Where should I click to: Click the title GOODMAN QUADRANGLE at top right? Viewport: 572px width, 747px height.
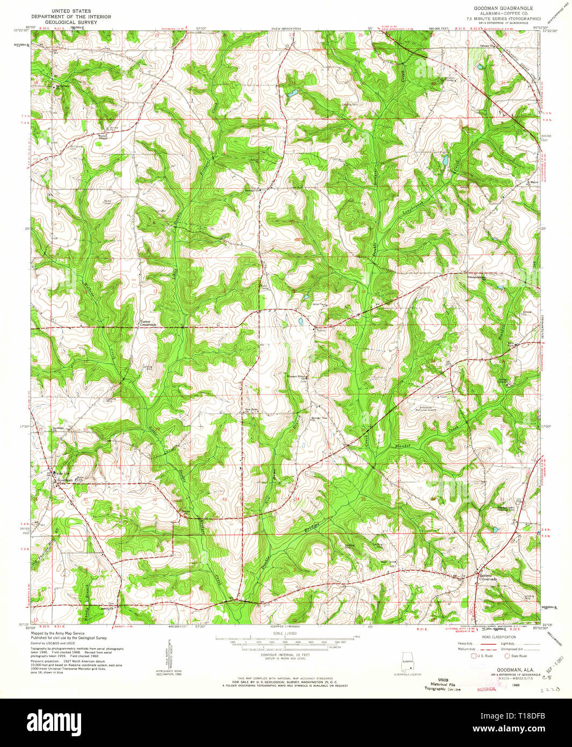(x=503, y=9)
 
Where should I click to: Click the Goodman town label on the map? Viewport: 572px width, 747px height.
(x=64, y=480)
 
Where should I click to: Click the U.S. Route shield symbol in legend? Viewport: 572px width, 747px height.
(x=474, y=656)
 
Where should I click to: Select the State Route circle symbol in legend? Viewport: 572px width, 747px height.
(x=506, y=656)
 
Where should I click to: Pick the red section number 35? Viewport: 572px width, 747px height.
(x=363, y=500)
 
